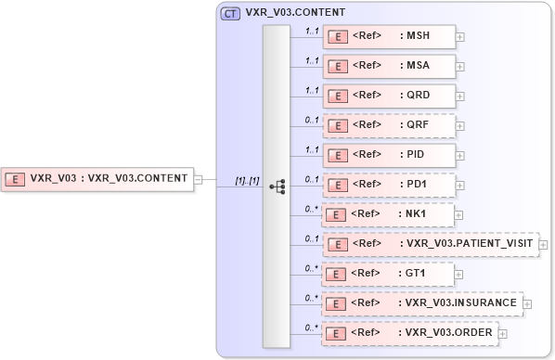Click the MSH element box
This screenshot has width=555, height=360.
[389, 36]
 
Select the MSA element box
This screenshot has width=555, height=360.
[389, 66]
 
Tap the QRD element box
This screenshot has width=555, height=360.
[389, 96]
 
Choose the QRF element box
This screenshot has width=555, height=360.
[389, 125]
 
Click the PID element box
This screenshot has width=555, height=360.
[389, 155]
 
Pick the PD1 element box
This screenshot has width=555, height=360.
[389, 185]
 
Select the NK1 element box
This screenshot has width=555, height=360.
[389, 214]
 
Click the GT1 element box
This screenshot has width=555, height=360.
[389, 274]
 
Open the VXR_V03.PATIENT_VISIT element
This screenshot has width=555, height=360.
[430, 244]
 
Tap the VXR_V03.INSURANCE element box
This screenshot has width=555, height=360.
[422, 303]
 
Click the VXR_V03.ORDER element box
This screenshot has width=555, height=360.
[409, 333]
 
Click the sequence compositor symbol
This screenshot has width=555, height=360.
[277, 186]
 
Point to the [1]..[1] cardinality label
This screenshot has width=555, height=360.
[247, 178]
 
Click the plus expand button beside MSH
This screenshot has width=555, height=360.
[460, 37]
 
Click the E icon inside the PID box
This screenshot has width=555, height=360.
[340, 155]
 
